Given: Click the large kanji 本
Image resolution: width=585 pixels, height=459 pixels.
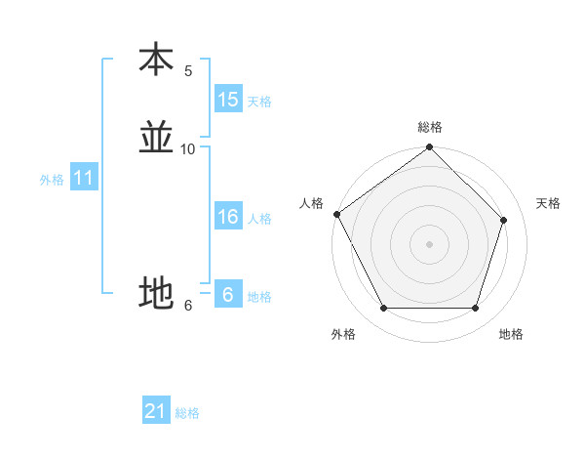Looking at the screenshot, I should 156,60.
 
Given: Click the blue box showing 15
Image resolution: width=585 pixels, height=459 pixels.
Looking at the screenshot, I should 228,100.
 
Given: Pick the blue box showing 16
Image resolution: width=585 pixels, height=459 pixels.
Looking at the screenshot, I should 228,217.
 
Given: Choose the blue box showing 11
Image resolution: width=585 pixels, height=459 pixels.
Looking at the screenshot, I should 84,178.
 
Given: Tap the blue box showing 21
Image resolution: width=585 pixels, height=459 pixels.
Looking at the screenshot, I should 156,411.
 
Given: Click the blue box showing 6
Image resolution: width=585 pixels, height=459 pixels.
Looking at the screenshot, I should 228,295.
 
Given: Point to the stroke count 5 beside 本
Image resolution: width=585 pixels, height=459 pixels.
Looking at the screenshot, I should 188,71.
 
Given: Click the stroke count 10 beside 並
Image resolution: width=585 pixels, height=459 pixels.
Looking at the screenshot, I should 188,149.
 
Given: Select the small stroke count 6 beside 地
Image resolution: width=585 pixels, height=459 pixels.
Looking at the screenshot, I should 188,306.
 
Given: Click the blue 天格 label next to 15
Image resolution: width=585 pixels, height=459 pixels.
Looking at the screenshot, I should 259,102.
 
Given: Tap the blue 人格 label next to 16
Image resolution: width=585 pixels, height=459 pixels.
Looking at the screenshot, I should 259,219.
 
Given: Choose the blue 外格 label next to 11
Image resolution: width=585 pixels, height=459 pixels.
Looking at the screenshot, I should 52,180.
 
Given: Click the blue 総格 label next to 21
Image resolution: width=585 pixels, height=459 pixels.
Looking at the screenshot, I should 187,413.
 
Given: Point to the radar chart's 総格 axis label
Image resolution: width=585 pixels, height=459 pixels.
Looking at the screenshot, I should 430,127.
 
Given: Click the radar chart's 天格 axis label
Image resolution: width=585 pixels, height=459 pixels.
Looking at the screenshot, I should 549,203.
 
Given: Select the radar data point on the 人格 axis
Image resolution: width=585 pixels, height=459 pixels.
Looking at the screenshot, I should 336,214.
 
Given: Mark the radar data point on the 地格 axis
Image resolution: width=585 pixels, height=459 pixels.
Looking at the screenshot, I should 476,309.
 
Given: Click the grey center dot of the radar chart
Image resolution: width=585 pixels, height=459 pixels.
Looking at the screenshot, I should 430,244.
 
